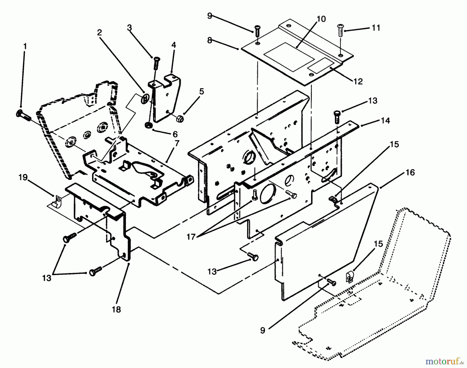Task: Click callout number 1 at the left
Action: click(x=25, y=46)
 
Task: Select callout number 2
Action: click(x=100, y=32)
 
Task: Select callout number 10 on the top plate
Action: click(x=321, y=19)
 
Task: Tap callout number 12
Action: click(x=358, y=81)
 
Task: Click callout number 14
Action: click(x=385, y=121)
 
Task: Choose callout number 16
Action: click(x=410, y=172)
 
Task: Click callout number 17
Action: click(x=191, y=237)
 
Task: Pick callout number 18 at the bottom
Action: click(x=116, y=309)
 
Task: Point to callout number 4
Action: click(x=174, y=45)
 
